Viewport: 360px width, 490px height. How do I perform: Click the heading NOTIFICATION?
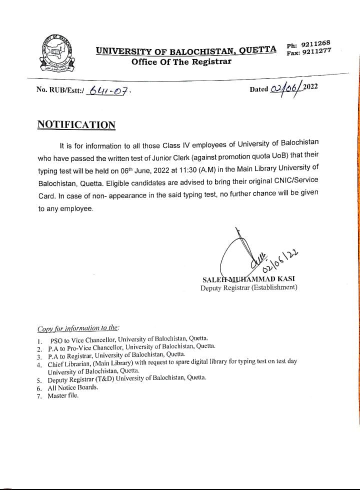pyautogui.click(x=76, y=125)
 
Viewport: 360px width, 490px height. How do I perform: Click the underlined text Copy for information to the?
pyautogui.click(x=78, y=328)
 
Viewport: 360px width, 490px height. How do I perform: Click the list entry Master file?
pyautogui.click(x=63, y=395)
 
